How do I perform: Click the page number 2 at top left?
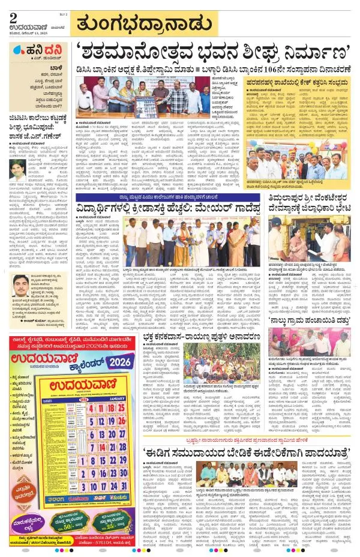13,17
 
